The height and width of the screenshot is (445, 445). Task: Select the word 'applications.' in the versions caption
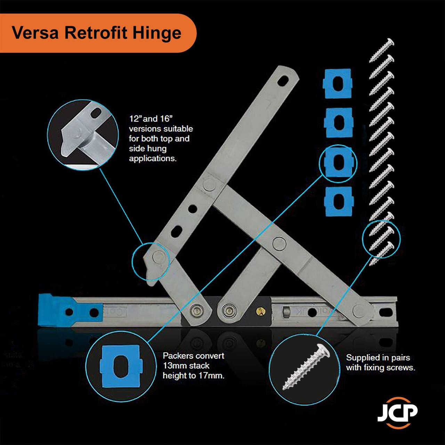pyautogui.click(x=153, y=159)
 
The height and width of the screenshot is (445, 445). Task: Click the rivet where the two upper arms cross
pyautogui.click(x=209, y=184)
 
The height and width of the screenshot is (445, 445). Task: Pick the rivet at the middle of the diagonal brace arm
pyautogui.click(x=278, y=242)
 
